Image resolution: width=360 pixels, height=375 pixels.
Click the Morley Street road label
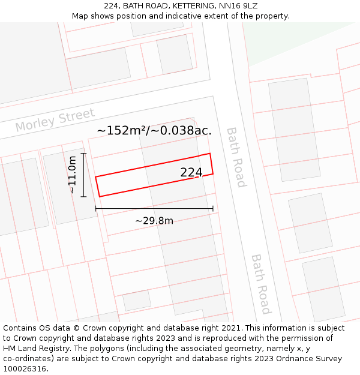[55, 120]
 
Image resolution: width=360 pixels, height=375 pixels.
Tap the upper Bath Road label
[236, 157]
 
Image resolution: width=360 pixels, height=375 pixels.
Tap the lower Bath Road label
[261, 284]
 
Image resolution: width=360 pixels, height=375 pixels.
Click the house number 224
[191, 173]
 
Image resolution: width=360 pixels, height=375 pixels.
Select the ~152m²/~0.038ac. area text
[154, 130]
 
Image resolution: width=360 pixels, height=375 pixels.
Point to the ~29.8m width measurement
[154, 221]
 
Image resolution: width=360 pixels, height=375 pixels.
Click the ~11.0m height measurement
[73, 175]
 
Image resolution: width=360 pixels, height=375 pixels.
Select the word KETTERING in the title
[179, 5]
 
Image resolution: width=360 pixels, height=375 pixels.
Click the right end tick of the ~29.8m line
[213, 209]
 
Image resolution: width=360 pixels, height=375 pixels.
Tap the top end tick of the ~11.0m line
[83, 154]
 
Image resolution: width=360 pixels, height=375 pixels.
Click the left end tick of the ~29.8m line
[95, 209]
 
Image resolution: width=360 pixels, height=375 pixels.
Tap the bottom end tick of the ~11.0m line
[83, 196]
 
